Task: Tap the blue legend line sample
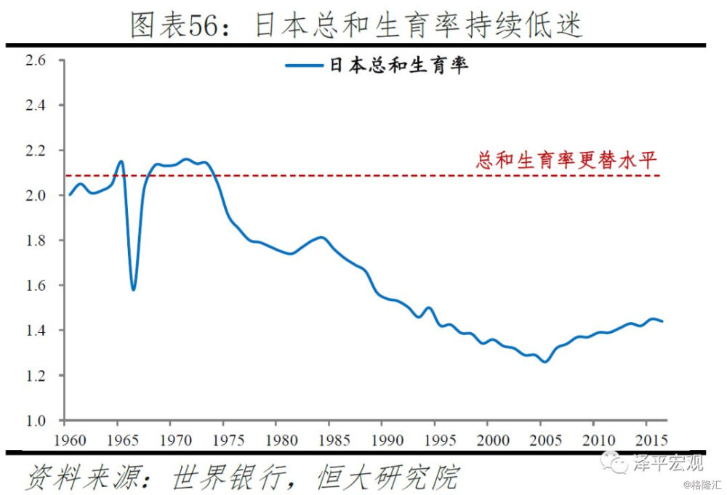[303, 65]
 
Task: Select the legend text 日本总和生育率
[398, 65]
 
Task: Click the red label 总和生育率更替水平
[566, 160]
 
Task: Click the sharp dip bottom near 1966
[133, 289]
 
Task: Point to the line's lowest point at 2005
[545, 361]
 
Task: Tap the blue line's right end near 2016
[662, 321]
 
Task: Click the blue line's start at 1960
[70, 195]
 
